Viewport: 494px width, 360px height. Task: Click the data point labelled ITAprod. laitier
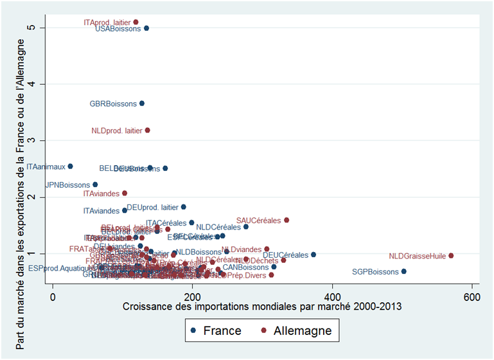coord(136,22)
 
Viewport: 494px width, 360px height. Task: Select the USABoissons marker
coord(146,28)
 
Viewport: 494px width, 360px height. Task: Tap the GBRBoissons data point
coord(142,103)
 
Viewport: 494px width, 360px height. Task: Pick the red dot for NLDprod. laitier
coord(148,130)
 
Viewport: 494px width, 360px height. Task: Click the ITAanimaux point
coord(70,166)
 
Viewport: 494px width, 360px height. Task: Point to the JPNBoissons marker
coord(95,184)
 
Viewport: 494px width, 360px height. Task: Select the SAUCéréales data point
coord(287,220)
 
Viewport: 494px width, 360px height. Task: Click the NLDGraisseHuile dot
coord(451,256)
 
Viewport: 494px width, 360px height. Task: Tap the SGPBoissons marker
coord(403,271)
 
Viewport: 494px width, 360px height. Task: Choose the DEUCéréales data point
coord(313,255)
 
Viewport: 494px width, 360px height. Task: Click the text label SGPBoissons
coord(375,272)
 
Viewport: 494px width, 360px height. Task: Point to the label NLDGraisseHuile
coord(418,256)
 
